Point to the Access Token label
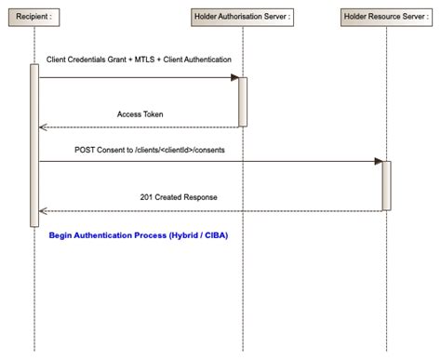[140, 113]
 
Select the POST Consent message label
[149, 149]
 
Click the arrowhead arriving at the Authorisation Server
[234, 77]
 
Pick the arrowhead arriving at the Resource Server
[378, 161]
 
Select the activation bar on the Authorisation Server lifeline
[243, 100]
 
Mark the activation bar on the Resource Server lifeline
[386, 184]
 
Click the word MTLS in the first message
[143, 60]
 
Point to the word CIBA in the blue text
[215, 235]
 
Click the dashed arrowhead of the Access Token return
[42, 127]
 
